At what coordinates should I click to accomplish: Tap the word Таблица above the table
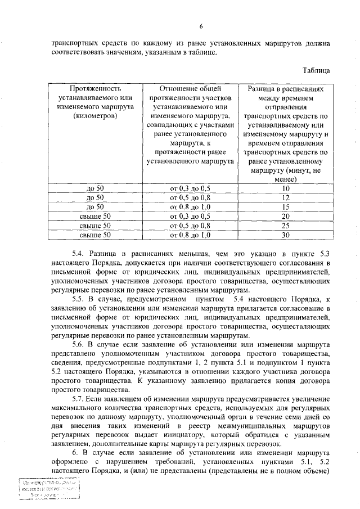pyautogui.click(x=318, y=70)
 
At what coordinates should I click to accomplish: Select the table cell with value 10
pyautogui.click(x=285, y=188)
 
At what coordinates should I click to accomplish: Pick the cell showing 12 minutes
pyautogui.click(x=285, y=197)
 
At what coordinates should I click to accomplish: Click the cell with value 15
pyautogui.click(x=285, y=206)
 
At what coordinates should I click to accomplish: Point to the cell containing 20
pyautogui.click(x=285, y=216)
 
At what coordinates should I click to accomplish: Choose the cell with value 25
pyautogui.click(x=285, y=225)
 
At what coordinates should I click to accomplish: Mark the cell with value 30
pyautogui.click(x=285, y=235)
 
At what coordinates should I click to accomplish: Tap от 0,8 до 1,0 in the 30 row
pyautogui.click(x=190, y=235)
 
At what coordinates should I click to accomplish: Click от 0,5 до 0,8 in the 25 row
pyautogui.click(x=190, y=225)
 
